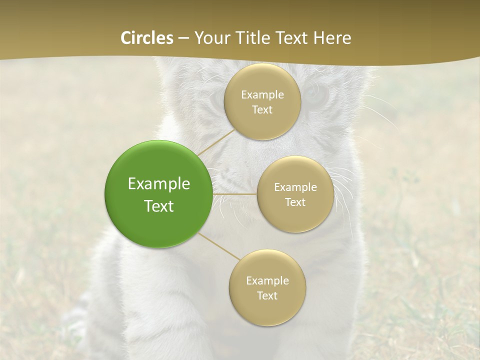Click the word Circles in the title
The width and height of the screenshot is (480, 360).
tap(147, 38)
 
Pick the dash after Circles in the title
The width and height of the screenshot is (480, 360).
tap(183, 38)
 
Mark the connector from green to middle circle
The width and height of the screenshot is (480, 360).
tap(234, 194)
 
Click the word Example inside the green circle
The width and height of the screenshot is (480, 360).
tap(159, 184)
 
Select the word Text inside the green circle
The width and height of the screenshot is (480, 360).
tap(159, 206)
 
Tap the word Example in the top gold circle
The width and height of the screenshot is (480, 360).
tap(262, 95)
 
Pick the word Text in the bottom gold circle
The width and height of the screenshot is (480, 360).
tap(267, 295)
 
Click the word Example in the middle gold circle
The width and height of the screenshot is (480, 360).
tap(295, 187)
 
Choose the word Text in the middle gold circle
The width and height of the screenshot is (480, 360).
tap(295, 202)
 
